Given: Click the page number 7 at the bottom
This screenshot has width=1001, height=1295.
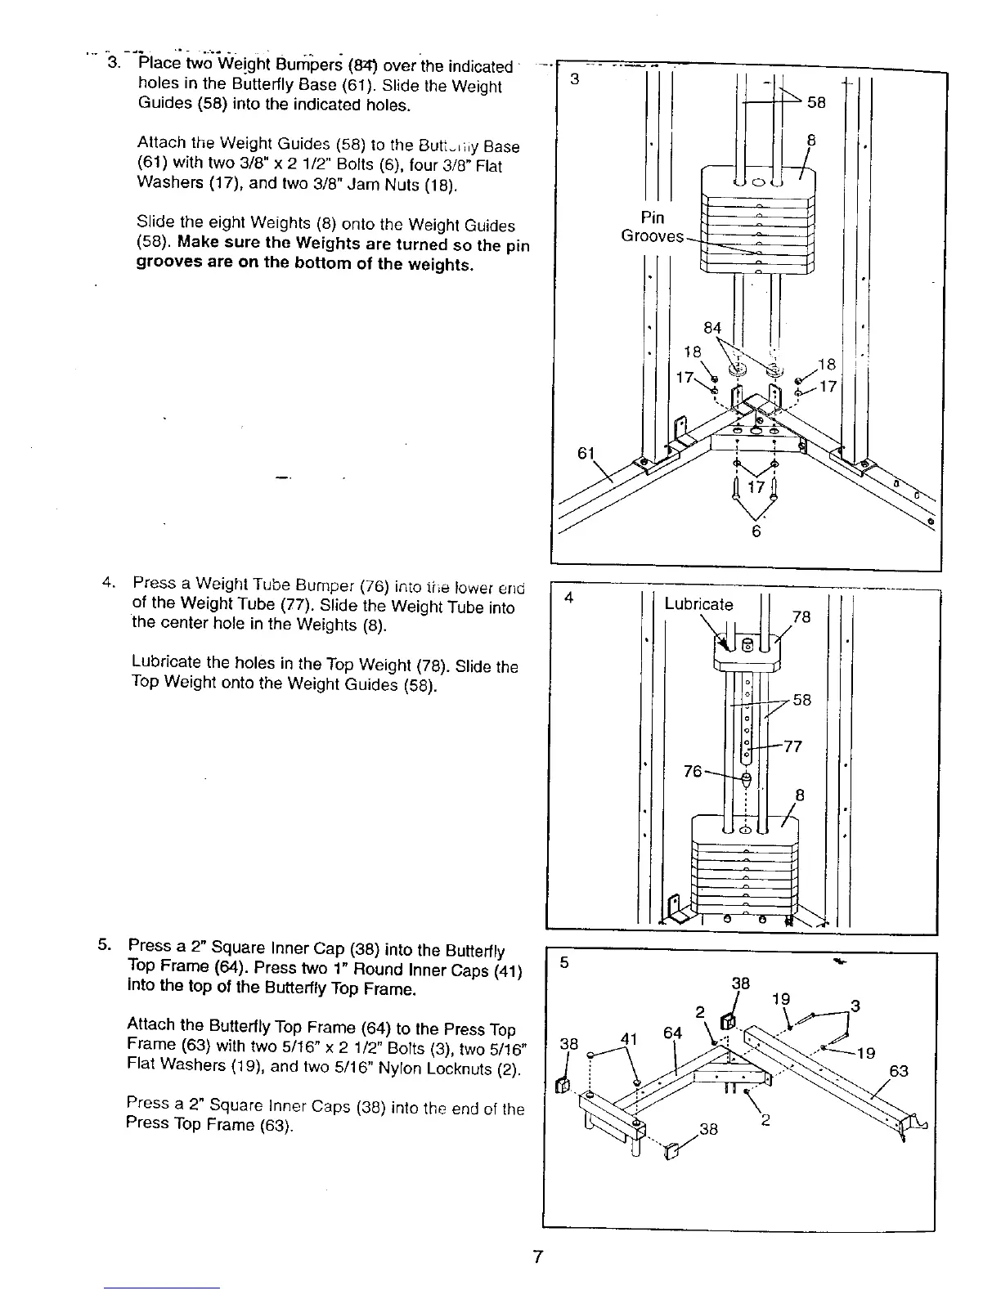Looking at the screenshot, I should [537, 1257].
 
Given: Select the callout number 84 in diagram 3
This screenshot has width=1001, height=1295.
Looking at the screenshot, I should [712, 328].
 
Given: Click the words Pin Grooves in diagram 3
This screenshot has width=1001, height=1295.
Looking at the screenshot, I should [652, 226].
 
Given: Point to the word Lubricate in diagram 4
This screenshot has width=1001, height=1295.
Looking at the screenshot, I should [698, 604].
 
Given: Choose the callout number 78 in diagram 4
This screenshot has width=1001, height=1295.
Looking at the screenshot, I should [801, 616].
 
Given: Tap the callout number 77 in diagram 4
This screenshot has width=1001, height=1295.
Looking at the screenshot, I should [792, 746].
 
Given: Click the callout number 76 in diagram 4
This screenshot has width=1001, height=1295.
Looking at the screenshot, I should [693, 771].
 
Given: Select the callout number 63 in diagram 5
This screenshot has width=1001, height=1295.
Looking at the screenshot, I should [898, 1071].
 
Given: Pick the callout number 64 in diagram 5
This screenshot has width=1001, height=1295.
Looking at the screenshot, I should [672, 1033].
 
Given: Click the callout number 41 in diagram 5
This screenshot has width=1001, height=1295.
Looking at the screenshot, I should [627, 1040].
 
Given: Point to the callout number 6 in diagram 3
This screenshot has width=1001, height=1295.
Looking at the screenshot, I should [756, 531].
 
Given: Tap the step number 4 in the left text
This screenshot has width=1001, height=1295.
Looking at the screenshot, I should [105, 583].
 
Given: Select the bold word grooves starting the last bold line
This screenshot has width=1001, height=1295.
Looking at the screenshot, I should [164, 265].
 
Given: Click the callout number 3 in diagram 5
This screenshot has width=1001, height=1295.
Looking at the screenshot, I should [855, 1006].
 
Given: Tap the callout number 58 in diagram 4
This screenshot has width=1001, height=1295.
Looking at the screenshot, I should [801, 700].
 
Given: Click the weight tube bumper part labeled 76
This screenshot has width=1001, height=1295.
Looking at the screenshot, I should [745, 779].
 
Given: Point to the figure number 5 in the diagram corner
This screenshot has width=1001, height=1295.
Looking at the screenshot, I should [564, 963].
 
